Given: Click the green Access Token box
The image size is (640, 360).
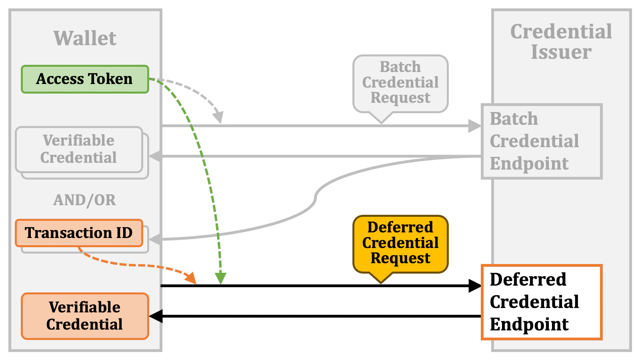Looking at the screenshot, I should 85,79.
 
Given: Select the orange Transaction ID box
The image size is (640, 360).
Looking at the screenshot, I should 79,233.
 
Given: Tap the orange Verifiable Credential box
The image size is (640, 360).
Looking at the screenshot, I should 85,316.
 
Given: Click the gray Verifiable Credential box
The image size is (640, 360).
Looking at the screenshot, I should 79,149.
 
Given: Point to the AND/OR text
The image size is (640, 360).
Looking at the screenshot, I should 85,200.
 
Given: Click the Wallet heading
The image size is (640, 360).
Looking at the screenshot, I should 85,38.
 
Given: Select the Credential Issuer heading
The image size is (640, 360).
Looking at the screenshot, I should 561,42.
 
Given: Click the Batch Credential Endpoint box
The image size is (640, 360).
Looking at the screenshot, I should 542,141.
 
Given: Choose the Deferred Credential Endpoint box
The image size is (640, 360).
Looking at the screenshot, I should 542,302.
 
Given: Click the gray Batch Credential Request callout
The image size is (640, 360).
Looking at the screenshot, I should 400,83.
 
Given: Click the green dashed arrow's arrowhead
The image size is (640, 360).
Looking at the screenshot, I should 220,278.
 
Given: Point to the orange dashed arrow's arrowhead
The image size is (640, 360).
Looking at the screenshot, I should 192,278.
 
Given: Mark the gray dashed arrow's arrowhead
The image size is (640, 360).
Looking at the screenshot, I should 218,118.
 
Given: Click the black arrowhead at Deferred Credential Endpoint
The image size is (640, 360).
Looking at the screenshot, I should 475,286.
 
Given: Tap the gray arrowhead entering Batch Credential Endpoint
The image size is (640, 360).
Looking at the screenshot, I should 475,126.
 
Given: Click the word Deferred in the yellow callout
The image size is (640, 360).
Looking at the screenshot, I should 400,227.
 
